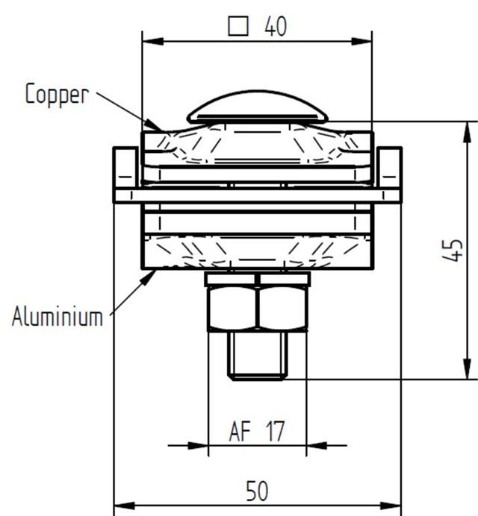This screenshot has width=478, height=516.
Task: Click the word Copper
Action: pyautogui.click(x=57, y=95)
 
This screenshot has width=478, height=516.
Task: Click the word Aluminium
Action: pyautogui.click(x=57, y=317)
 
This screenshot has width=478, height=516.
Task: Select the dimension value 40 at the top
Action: pyautogui.click(x=276, y=27)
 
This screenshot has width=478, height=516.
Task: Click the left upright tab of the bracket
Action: pyautogui.click(x=125, y=169)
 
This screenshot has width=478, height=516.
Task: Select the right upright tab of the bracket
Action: pyautogui.click(x=390, y=169)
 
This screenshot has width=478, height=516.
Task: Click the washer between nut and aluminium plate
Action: pyautogui.click(x=258, y=278)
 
